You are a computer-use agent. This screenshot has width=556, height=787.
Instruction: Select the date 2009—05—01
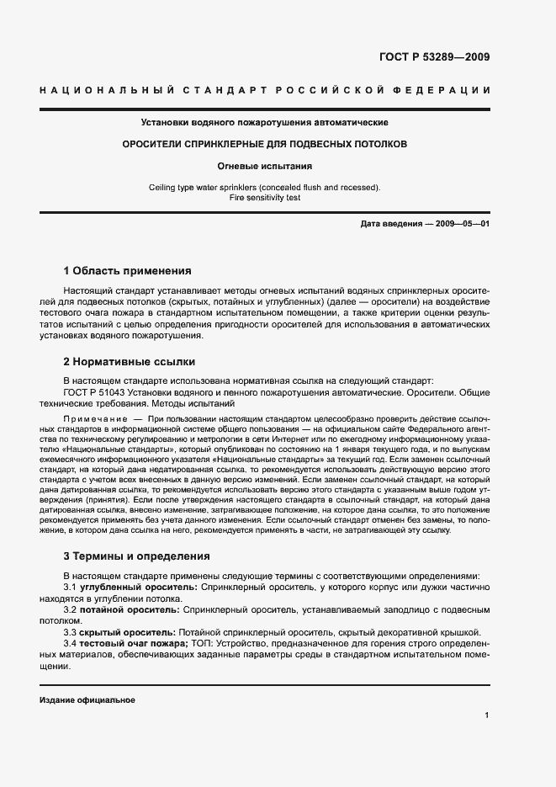(461, 224)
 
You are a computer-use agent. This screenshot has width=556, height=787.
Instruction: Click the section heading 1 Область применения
(128, 271)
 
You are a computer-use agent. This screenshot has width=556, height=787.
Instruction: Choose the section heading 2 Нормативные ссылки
(130, 362)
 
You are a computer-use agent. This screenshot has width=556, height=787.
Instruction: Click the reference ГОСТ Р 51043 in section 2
(97, 391)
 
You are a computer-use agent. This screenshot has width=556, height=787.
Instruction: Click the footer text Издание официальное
(87, 699)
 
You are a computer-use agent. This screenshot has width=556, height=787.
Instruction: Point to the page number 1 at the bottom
(487, 715)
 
